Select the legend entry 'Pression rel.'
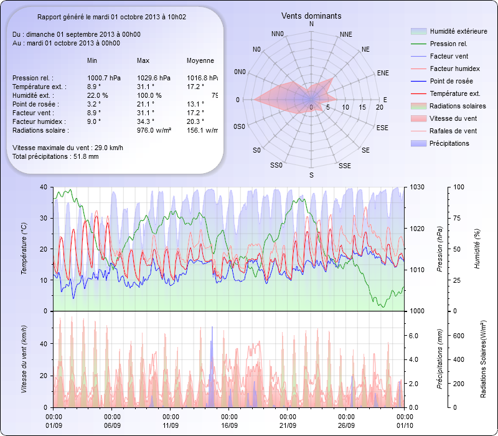click(x=448, y=44)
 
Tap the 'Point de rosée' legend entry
click(x=451, y=82)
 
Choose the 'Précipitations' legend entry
click(x=449, y=143)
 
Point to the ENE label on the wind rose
click(x=383, y=73)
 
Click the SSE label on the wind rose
click(x=344, y=166)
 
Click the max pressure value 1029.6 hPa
click(x=153, y=78)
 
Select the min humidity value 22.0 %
click(x=98, y=95)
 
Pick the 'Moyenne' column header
click(x=200, y=60)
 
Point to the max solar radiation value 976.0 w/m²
click(x=154, y=130)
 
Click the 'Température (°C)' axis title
click(x=24, y=249)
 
